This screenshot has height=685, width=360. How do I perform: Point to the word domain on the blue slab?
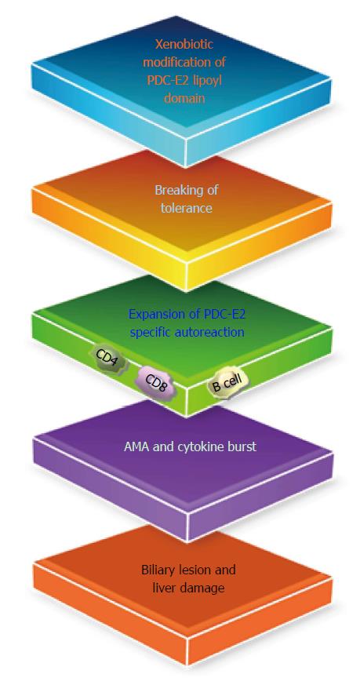point(184,98)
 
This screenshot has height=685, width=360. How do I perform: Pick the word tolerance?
point(186,207)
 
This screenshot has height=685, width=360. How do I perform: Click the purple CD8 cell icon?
point(156,382)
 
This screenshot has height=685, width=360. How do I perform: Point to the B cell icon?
point(227,384)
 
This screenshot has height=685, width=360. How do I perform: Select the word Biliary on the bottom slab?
point(157,570)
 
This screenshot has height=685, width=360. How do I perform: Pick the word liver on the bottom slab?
point(164,588)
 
